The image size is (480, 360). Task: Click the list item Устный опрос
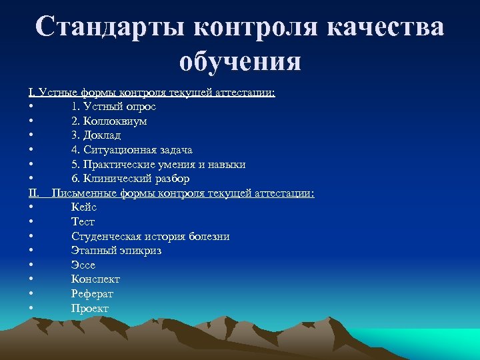tap(113, 107)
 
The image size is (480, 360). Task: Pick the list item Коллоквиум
tap(109, 121)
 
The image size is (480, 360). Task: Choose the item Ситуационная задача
tap(132, 150)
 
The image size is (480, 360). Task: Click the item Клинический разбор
tap(130, 179)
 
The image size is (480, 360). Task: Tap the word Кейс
tap(84, 207)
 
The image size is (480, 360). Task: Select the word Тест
tap(83, 222)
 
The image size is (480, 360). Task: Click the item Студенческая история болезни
tap(151, 237)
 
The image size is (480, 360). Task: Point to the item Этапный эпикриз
tap(117, 251)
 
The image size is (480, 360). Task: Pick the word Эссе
tap(83, 265)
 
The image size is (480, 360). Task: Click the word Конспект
tap(96, 279)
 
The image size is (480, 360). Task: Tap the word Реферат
tap(93, 294)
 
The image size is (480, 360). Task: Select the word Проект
tap(90, 308)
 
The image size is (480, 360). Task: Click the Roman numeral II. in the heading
tap(34, 193)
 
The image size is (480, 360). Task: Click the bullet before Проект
tap(31, 309)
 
